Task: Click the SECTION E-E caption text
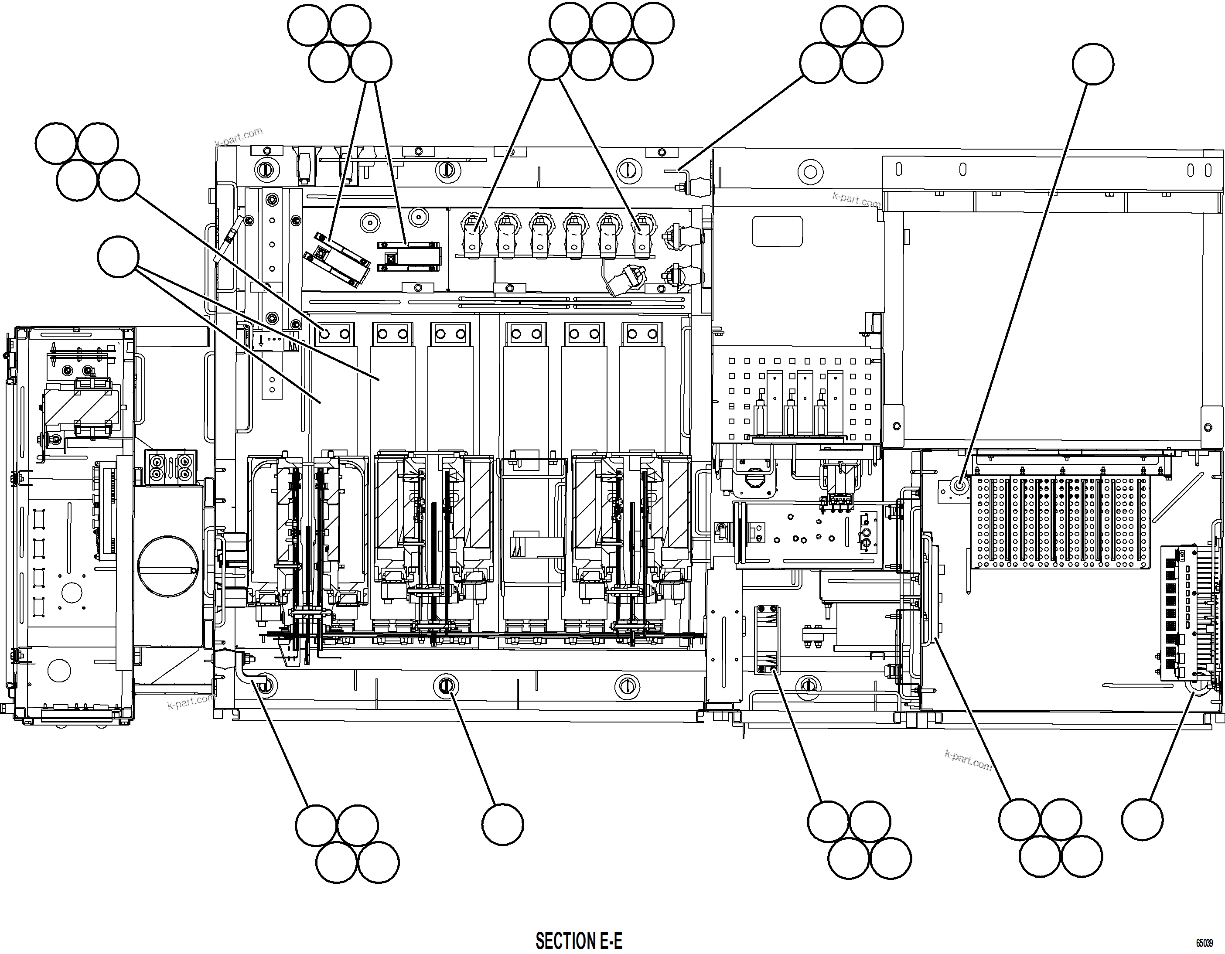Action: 578,940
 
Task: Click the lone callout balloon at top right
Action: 1092,64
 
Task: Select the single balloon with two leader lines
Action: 118,256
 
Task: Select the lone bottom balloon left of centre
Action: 502,824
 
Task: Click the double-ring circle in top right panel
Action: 810,172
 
